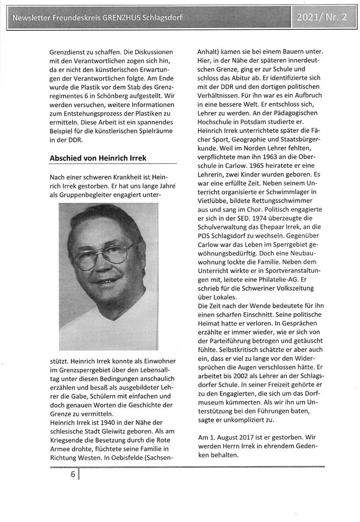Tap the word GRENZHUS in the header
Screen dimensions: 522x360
[x=123, y=19]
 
